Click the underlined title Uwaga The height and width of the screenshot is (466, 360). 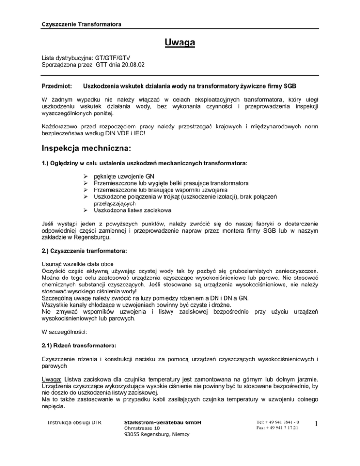coord(180,45)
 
